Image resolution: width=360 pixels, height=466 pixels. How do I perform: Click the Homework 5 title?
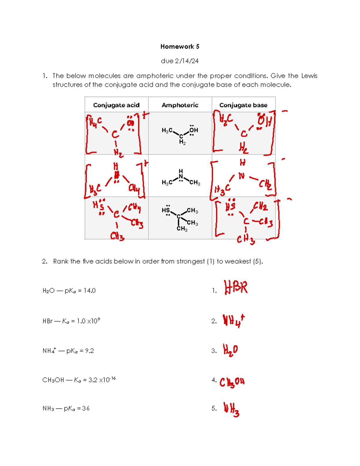click(x=180, y=47)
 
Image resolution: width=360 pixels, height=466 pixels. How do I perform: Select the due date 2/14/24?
click(x=180, y=61)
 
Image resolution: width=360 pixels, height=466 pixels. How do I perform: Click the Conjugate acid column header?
click(x=116, y=105)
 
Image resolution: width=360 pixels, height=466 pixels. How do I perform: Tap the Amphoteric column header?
click(x=180, y=105)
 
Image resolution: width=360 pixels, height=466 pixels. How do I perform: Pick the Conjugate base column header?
click(x=243, y=105)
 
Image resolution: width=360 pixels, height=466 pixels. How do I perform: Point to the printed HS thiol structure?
click(x=180, y=218)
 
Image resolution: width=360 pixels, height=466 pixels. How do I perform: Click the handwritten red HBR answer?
click(x=236, y=287)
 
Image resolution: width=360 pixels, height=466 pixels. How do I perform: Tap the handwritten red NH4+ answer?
click(x=233, y=321)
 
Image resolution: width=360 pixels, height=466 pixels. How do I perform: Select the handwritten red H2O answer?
click(x=230, y=350)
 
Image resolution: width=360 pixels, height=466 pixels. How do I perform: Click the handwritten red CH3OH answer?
click(x=232, y=382)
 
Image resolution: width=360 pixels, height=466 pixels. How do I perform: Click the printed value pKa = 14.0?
click(x=80, y=291)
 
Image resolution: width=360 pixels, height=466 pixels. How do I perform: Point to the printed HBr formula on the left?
click(x=47, y=321)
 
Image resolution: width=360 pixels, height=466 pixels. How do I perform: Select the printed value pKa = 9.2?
click(x=80, y=351)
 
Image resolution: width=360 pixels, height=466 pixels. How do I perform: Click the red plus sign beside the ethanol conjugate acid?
click(x=145, y=115)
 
